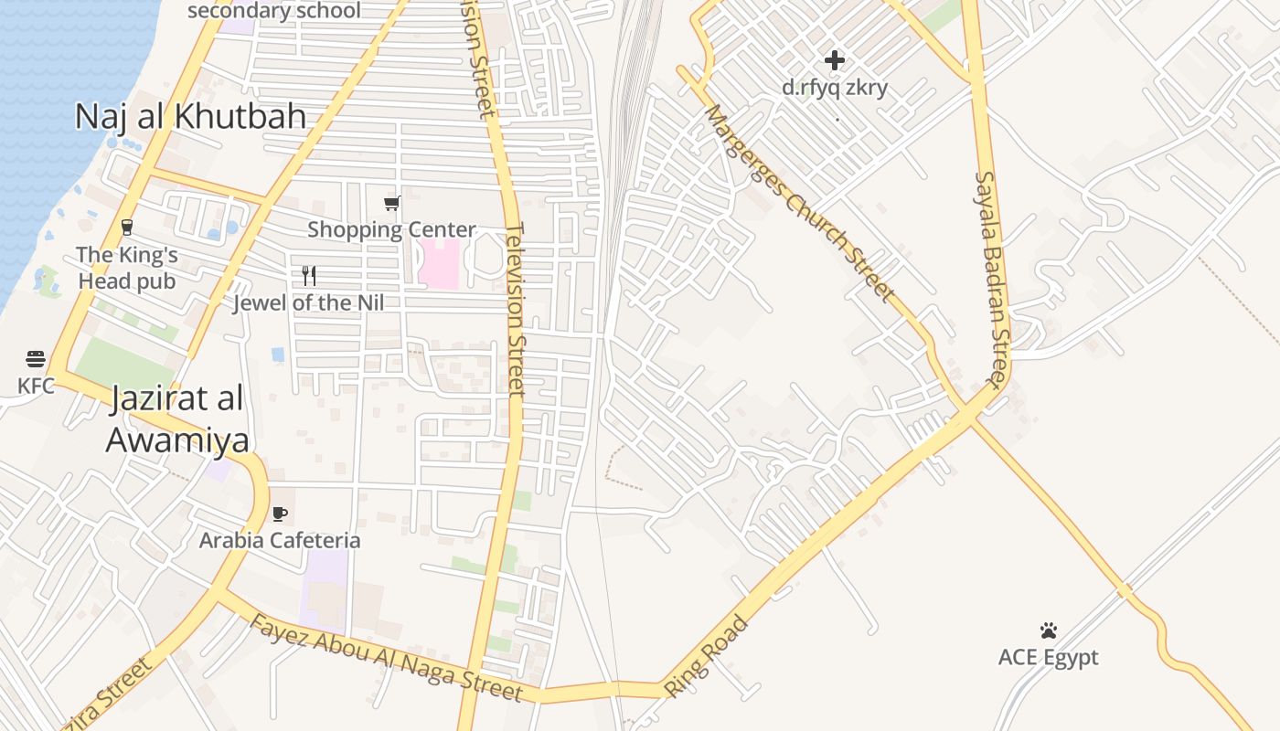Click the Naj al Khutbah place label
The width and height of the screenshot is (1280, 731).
pyautogui.click(x=190, y=116)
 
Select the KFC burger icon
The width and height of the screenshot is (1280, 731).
pyautogui.click(x=36, y=358)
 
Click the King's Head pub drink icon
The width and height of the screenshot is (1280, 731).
pyautogui.click(x=127, y=228)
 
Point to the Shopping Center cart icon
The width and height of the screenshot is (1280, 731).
pyautogui.click(x=391, y=203)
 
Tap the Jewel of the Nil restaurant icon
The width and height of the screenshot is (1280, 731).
pyautogui.click(x=309, y=275)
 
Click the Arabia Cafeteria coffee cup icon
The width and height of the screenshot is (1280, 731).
pyautogui.click(x=280, y=514)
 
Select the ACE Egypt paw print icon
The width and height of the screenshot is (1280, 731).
pyautogui.click(x=1048, y=630)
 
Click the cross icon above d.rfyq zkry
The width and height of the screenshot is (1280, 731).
pyautogui.click(x=835, y=60)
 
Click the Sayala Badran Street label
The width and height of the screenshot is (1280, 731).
pyautogui.click(x=990, y=279)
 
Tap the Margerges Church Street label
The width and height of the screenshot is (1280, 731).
pyautogui.click(x=799, y=203)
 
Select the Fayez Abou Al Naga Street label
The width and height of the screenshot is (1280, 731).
pyautogui.click(x=386, y=658)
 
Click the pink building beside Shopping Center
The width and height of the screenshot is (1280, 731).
pyautogui.click(x=439, y=264)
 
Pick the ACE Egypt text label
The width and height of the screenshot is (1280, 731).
pyautogui.click(x=1048, y=658)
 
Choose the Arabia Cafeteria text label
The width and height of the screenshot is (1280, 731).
pyautogui.click(x=280, y=540)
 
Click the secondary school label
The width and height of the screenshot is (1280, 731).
pyautogui.click(x=274, y=11)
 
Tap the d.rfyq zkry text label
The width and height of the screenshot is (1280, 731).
pyautogui.click(x=835, y=88)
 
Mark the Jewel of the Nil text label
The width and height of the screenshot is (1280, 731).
pyautogui.click(x=309, y=302)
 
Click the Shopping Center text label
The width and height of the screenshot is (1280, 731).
pyautogui.click(x=391, y=229)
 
